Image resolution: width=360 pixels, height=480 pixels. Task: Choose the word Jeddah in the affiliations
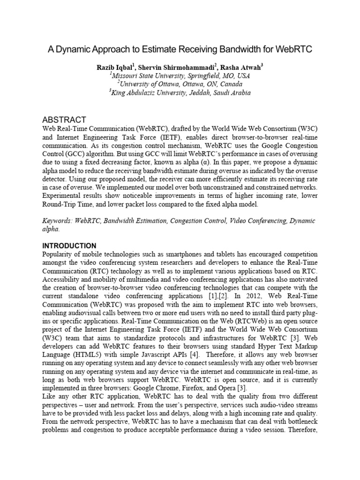click(201, 93)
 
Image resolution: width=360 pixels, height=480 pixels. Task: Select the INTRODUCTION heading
click(69, 246)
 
